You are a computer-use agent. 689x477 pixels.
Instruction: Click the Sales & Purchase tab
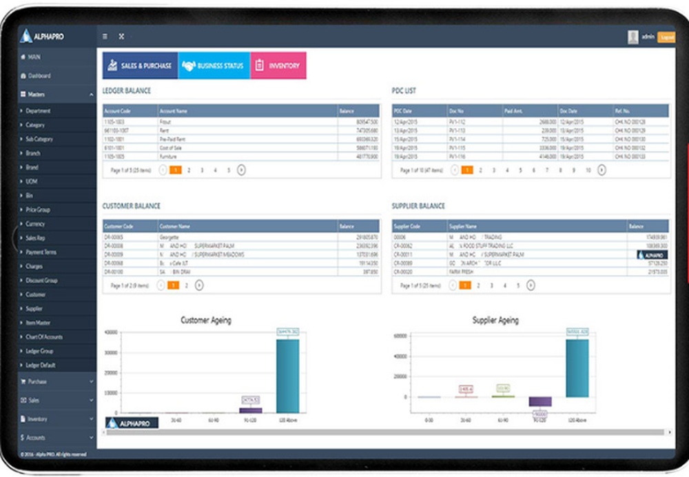tap(140, 65)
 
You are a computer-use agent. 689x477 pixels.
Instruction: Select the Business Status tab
tap(214, 65)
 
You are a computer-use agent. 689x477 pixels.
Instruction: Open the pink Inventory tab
tap(278, 65)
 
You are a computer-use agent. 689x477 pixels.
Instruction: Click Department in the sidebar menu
tap(39, 111)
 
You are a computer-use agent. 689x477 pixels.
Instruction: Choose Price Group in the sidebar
tap(38, 210)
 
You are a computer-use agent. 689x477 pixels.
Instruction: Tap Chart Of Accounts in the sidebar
tap(44, 337)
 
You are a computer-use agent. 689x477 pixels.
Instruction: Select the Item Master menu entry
tap(39, 323)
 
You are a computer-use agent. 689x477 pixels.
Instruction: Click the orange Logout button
tap(666, 37)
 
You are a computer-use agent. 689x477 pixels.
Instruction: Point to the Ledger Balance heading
tap(127, 91)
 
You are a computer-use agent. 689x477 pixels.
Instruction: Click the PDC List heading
tap(404, 91)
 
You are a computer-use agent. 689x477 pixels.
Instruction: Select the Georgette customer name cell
tap(169, 237)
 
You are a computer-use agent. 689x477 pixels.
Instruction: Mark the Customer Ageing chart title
tap(206, 321)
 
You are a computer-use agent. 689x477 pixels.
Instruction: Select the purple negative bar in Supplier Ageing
tap(539, 401)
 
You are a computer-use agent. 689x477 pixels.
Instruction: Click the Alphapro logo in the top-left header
tap(43, 37)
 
